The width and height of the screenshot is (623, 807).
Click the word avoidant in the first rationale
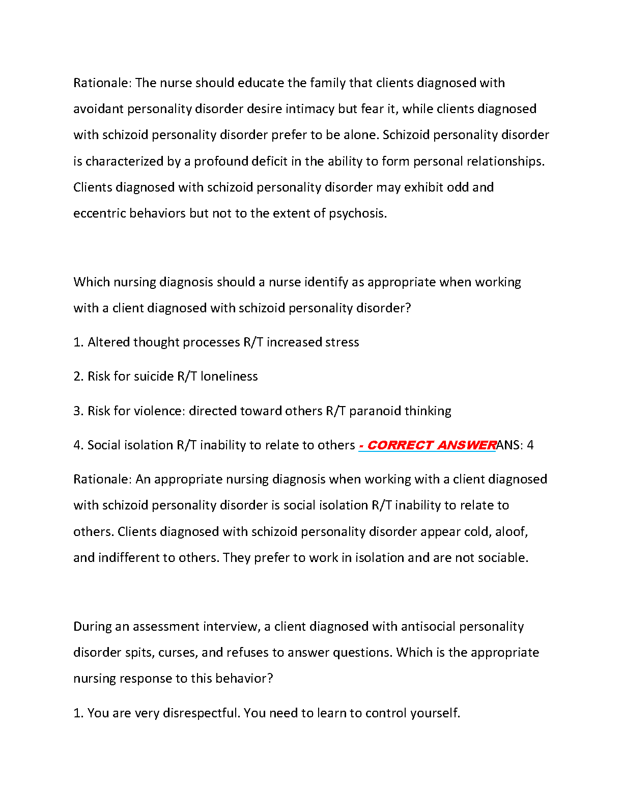click(98, 109)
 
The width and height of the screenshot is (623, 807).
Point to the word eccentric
click(99, 213)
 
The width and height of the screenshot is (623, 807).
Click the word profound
click(222, 162)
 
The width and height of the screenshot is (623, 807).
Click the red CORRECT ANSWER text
click(427, 445)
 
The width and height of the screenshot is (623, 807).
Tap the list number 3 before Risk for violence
click(77, 411)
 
